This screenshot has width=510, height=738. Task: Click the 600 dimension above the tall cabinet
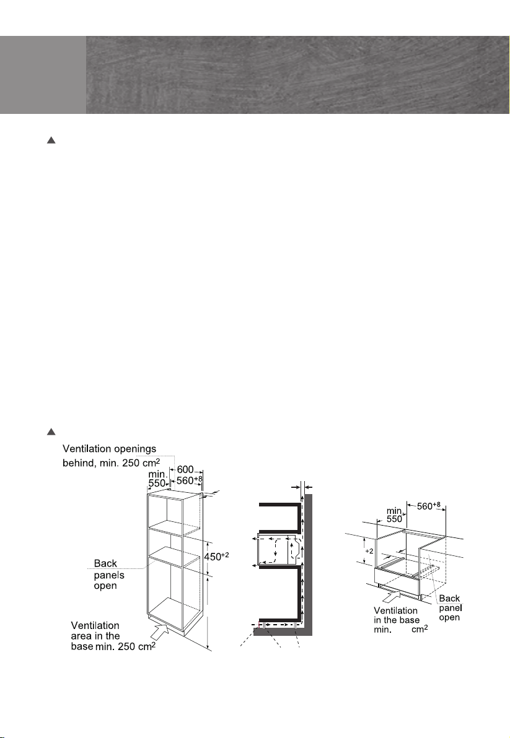click(x=185, y=470)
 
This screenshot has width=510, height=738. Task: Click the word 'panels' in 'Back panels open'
click(x=108, y=574)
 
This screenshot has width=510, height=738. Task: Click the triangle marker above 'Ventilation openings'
click(x=52, y=432)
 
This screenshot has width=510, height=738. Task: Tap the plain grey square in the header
click(x=43, y=75)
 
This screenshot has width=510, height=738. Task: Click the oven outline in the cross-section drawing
click(x=273, y=550)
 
